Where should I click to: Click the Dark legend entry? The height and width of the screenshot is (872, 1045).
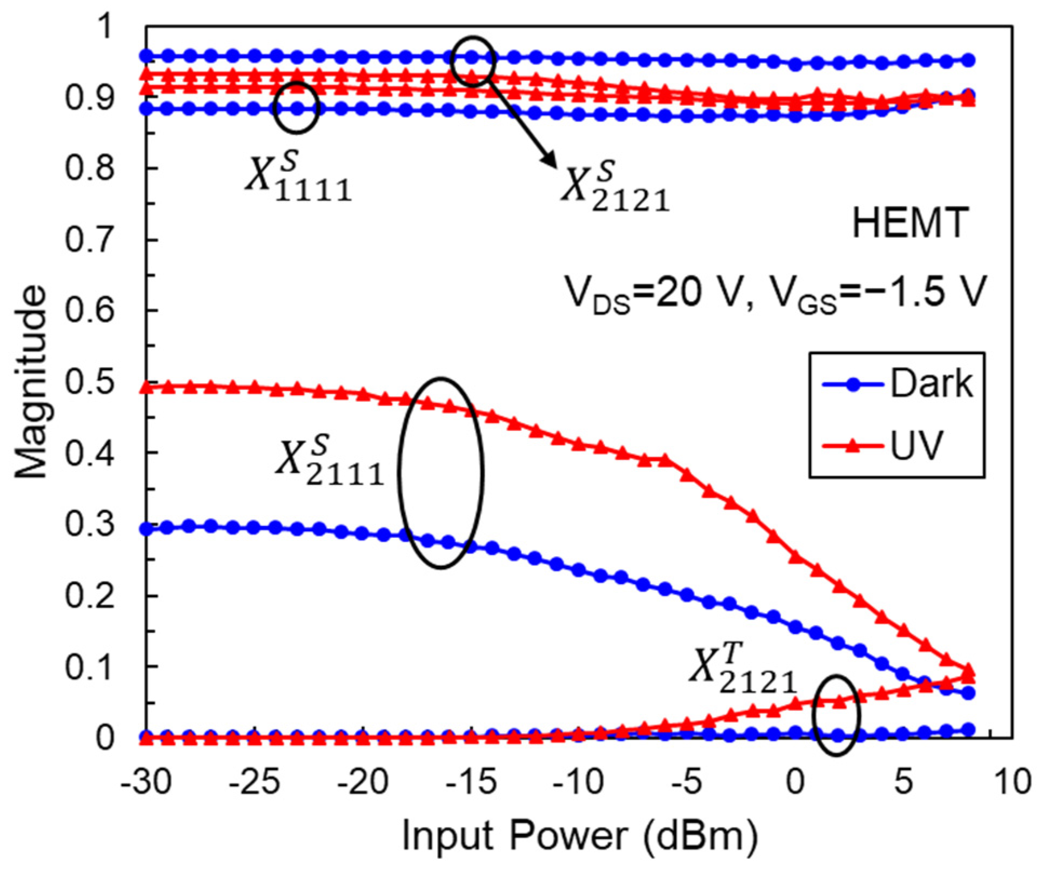(x=897, y=384)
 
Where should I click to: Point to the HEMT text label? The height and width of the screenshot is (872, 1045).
(x=910, y=223)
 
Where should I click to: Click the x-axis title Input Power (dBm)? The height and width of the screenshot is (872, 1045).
(x=580, y=836)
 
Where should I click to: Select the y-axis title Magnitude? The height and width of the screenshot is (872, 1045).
(x=31, y=381)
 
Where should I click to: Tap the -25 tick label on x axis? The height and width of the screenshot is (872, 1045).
(x=254, y=781)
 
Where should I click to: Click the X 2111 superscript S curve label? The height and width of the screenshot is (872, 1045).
(x=330, y=461)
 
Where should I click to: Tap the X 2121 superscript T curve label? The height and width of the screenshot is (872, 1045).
(x=743, y=670)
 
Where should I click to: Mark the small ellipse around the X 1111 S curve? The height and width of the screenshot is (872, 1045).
(x=296, y=108)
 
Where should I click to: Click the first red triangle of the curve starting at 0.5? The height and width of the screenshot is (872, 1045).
(x=146, y=387)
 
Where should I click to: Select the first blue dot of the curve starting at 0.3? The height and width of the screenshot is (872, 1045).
(x=146, y=529)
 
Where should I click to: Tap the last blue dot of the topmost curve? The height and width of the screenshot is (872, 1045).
(x=969, y=60)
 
